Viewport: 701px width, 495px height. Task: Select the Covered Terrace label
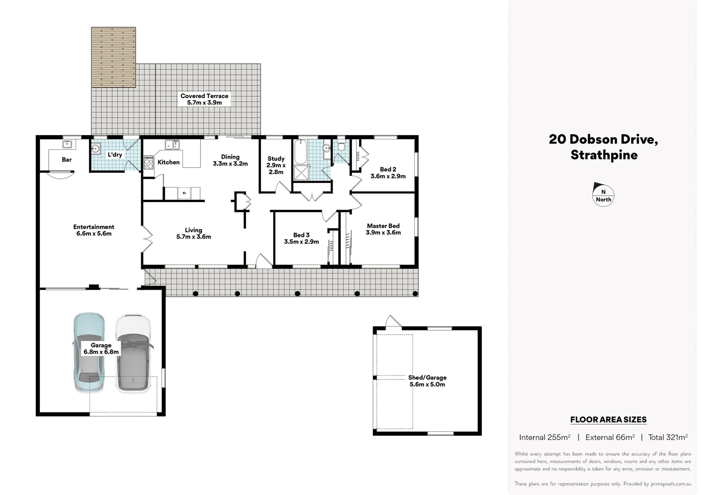[204, 99]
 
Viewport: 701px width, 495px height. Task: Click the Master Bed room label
[383, 229]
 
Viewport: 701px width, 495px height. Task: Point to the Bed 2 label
[388, 173]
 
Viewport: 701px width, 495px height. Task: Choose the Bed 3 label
[301, 238]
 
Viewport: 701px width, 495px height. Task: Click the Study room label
[276, 165]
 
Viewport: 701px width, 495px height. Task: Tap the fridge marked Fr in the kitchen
[184, 193]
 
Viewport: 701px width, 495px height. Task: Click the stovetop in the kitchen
[149, 162]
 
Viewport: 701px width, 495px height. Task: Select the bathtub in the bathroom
[300, 152]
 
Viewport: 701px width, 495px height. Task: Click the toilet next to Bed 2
[341, 147]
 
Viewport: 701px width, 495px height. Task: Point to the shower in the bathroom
[301, 172]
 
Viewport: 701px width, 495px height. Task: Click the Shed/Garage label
[427, 381]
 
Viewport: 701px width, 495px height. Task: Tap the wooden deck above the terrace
[113, 57]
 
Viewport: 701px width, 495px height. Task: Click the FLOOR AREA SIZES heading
[608, 419]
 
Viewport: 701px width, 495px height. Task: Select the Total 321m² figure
[668, 437]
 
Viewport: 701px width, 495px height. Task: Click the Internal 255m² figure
[545, 437]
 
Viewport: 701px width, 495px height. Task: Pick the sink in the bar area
[67, 145]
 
